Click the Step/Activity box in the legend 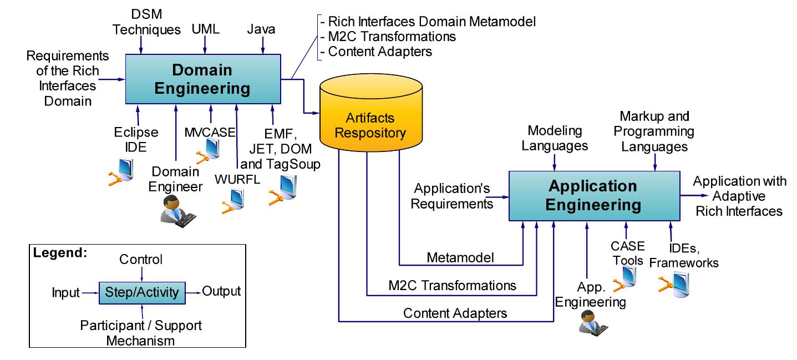point(142,291)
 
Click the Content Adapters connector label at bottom point(455,313)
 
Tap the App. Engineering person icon point(590,322)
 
